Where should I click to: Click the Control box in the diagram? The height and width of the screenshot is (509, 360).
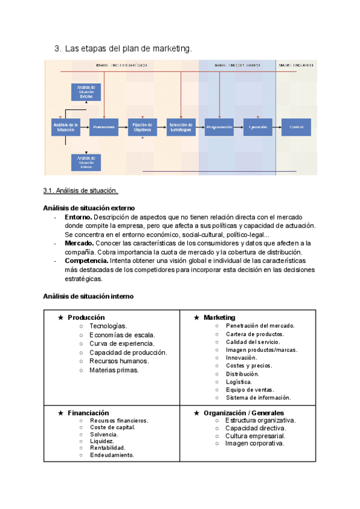pos(296,127)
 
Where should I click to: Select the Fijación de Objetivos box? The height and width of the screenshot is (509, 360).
pos(142,127)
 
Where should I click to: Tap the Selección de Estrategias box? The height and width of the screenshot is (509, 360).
pos(181,127)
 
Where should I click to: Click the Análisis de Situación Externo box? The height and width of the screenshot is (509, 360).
pos(86,92)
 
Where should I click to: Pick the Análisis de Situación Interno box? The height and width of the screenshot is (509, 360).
pos(86,163)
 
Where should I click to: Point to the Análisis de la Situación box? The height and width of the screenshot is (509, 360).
pos(66,127)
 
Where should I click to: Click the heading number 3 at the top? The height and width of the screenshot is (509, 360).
pos(58,49)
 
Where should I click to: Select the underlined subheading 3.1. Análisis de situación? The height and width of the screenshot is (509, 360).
pos(80,191)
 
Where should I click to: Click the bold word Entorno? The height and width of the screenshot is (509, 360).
pos(79,217)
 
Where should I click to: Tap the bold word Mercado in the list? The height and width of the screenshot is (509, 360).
pos(79,243)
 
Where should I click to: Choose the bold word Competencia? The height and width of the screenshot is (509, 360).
pos(86,261)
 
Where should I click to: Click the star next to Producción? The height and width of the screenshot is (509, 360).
pos(60,318)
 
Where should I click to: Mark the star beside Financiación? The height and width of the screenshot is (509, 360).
pos(60,413)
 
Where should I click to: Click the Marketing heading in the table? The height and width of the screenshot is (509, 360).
pos(219,318)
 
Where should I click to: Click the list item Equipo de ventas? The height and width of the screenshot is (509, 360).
pos(250,390)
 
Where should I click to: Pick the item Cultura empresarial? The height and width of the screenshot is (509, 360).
pos(255,436)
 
